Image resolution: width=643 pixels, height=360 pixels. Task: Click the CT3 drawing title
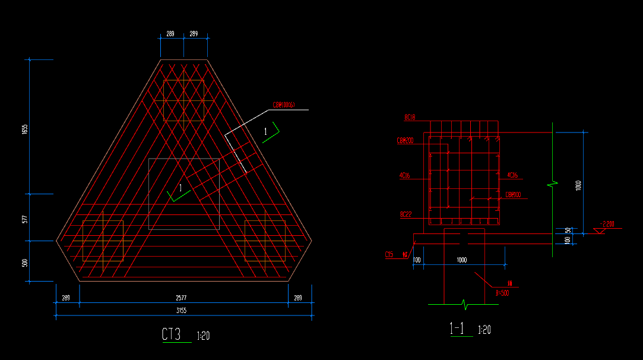(x=171, y=334)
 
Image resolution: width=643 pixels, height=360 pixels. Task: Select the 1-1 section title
(x=457, y=329)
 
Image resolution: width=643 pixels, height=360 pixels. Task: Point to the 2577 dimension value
(x=183, y=298)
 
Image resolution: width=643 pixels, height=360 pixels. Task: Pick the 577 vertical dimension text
(x=25, y=219)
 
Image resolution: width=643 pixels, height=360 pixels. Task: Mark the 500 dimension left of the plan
(x=25, y=263)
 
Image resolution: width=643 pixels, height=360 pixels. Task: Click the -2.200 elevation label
(x=607, y=225)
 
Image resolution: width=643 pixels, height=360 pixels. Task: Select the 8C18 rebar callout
(x=410, y=118)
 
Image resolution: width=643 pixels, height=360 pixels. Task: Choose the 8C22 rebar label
(x=406, y=214)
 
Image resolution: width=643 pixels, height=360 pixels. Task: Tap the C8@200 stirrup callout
(x=405, y=141)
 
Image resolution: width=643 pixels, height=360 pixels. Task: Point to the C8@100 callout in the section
(x=514, y=195)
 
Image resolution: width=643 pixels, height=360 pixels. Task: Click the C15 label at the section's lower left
(x=389, y=255)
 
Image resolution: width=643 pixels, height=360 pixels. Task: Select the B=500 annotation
(x=502, y=292)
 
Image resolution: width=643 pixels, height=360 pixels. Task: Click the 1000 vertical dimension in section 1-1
(x=578, y=186)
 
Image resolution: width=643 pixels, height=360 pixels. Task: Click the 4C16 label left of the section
(x=406, y=175)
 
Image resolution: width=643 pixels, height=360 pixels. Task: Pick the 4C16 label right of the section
(x=512, y=175)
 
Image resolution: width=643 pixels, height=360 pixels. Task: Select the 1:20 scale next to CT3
(x=203, y=336)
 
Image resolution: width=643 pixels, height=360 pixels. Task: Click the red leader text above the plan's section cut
(x=284, y=106)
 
